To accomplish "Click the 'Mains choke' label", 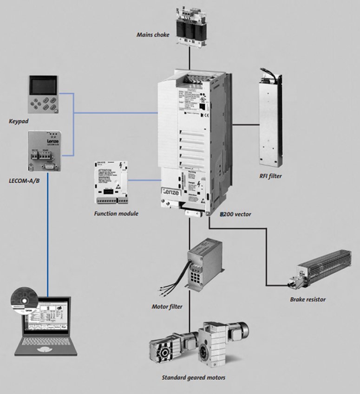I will [153, 34].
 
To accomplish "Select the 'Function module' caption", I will [116, 214].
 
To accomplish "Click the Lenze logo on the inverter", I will [171, 191].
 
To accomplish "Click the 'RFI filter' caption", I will [270, 176].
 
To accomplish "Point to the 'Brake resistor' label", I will [308, 299].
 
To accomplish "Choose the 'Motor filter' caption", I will [167, 307].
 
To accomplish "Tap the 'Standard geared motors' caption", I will [193, 378].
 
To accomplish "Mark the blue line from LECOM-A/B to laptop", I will [47, 232].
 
